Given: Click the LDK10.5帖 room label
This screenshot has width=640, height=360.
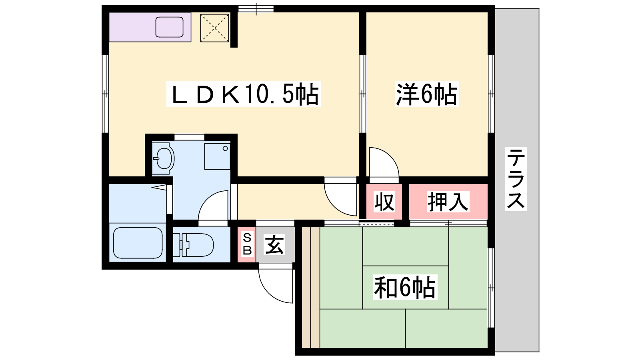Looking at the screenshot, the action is coord(244,94).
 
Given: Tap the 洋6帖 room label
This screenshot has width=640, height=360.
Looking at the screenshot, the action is coord(427,94).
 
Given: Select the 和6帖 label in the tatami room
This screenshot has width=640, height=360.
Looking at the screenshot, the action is coord(405,287).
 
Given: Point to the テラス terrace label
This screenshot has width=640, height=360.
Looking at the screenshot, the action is coord(516,179).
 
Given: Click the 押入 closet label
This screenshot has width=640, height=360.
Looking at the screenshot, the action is coord(448,202).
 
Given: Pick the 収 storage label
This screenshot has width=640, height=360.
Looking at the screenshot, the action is coord(384,202).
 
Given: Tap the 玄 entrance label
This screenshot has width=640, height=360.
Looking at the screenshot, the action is coord(274,244).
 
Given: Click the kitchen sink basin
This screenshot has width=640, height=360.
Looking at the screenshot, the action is coord(170,27).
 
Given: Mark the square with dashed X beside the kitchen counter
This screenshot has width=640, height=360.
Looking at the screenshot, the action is coord(214,28).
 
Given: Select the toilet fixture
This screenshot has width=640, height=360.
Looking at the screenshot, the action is coord(194,245).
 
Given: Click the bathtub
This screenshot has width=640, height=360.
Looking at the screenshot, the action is coord(138,243).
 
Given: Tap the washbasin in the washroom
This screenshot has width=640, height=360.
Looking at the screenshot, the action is coord(163,158).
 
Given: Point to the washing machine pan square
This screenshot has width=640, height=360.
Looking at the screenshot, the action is coord(218,156).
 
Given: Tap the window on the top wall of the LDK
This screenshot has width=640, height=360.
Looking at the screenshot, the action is coord(256,9).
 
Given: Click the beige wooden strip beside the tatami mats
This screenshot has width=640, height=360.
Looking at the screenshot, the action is coord(311,287).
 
